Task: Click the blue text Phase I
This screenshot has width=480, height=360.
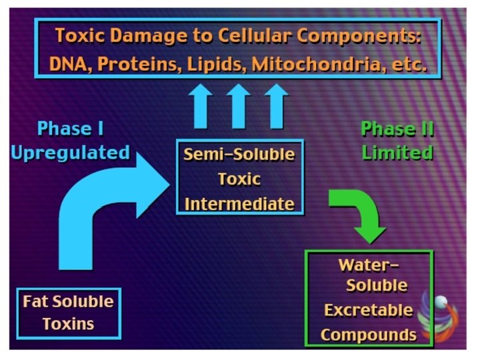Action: click(70, 128)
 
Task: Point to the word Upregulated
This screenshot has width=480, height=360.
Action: click(70, 153)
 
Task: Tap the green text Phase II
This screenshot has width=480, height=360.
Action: click(397, 128)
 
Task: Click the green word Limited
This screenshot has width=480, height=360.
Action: click(397, 153)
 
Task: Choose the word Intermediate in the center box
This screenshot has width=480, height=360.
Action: click(239, 203)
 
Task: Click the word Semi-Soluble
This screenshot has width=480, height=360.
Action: click(239, 155)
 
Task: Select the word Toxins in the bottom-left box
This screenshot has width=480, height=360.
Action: click(68, 325)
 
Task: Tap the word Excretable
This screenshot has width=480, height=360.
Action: click(368, 310)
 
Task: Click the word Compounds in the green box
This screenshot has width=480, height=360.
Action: click(368, 333)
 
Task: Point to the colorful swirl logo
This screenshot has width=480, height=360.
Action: click(446, 317)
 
